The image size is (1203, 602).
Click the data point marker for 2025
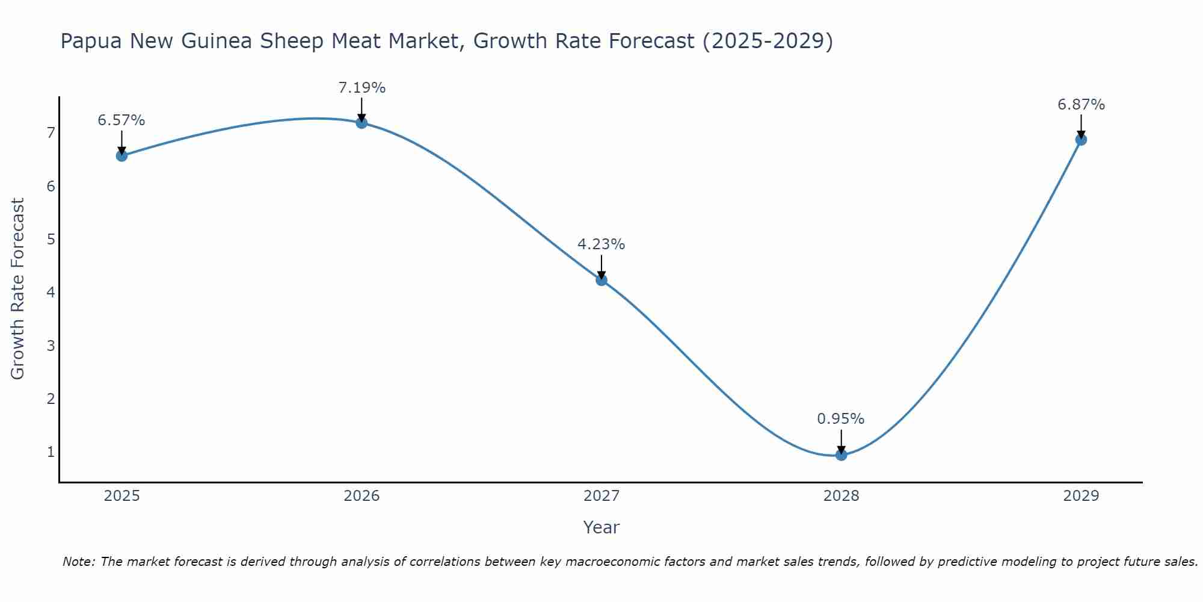coord(122,156)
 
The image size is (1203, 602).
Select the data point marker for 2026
coord(362,123)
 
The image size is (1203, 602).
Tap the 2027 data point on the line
coord(601,280)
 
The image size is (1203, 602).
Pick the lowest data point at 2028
coord(841,455)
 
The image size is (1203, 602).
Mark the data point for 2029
coord(1081,140)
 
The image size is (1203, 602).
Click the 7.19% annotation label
coord(362,88)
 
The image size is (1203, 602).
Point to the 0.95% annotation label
coord(840,419)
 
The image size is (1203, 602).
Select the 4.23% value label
coord(601,244)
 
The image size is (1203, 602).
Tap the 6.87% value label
coord(1081,105)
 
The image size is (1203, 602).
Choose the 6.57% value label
coord(122,120)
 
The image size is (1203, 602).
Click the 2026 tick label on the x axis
coord(362,496)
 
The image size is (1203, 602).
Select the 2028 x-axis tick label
coord(841,496)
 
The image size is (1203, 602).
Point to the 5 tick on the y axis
coord(51,240)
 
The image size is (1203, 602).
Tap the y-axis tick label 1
coord(51,452)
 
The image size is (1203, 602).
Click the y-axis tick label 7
coord(51,133)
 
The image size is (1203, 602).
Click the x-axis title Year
coord(601,527)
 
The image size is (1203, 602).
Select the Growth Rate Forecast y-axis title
coord(18,289)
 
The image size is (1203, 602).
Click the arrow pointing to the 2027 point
coord(601,266)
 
